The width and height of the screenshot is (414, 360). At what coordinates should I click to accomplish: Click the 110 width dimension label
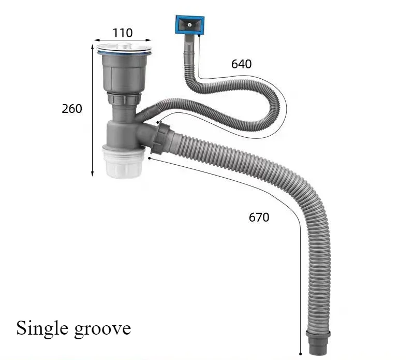click(123, 33)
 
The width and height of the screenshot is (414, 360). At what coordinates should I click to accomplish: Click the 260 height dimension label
click(72, 109)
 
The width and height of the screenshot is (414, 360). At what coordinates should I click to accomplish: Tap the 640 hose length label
click(241, 64)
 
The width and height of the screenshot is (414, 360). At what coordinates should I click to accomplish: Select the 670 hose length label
click(259, 217)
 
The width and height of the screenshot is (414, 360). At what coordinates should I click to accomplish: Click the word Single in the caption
click(42, 328)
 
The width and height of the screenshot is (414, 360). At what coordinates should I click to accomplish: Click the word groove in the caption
click(102, 329)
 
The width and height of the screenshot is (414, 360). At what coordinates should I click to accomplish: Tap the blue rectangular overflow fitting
click(190, 25)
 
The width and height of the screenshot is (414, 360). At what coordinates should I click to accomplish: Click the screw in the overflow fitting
click(189, 25)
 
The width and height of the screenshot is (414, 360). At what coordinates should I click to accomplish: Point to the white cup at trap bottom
click(124, 162)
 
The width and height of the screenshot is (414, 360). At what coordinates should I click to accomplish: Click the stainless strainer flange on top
click(124, 49)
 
